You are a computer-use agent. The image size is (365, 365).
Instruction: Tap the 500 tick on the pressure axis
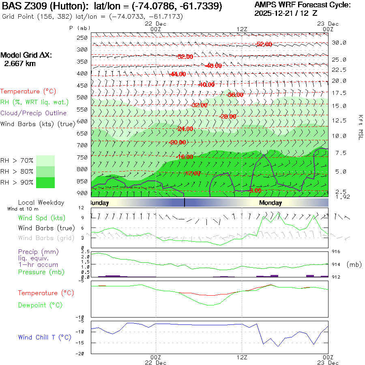83,97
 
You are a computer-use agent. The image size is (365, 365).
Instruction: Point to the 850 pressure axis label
83,181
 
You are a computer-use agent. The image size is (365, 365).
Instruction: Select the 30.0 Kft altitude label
339,43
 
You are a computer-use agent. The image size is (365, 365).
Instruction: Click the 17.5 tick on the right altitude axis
339,93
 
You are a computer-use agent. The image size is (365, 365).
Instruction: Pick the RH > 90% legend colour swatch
45,182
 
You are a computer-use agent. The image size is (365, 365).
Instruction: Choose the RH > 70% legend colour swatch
45,161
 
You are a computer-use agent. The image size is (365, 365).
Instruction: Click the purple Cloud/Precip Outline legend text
34,113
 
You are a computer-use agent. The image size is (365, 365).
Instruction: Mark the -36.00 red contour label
236,95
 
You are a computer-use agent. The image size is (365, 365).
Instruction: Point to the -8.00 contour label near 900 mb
255,190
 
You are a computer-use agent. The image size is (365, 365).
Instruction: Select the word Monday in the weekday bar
271,203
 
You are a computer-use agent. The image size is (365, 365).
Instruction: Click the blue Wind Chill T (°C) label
45,337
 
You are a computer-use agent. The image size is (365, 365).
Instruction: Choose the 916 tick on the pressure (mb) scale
336,252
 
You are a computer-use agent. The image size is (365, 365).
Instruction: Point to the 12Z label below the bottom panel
242,357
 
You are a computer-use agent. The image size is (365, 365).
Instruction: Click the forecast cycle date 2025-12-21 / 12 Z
286,13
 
